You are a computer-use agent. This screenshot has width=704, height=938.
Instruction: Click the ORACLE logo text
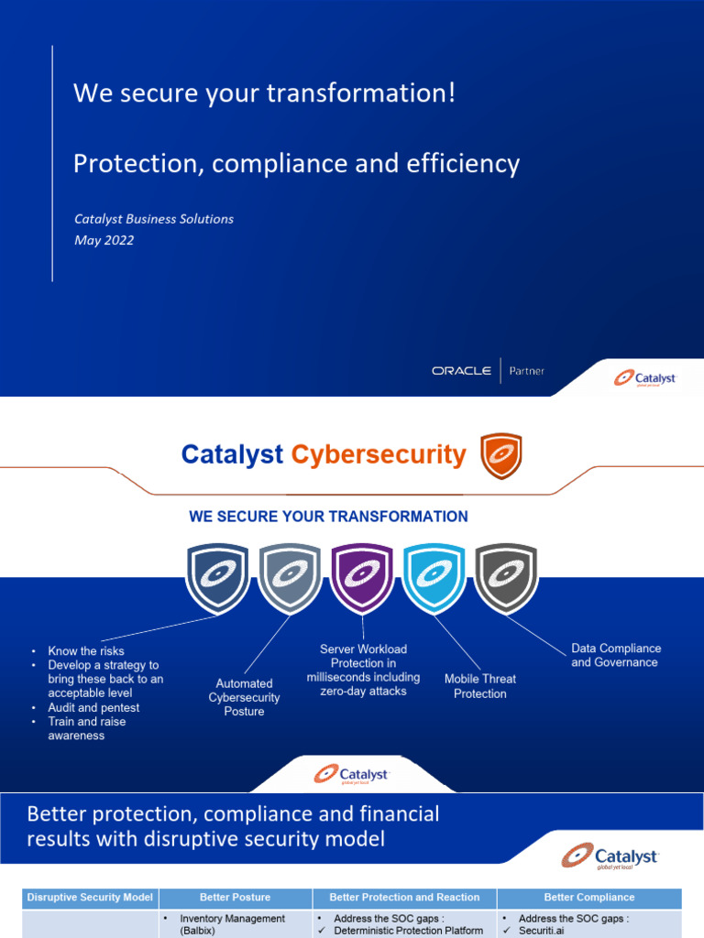coord(461,371)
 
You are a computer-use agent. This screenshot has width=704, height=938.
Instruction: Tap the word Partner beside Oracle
coord(527,371)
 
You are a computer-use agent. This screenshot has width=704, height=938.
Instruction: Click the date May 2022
coord(104,240)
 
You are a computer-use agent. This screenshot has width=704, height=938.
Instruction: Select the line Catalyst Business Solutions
coord(153,219)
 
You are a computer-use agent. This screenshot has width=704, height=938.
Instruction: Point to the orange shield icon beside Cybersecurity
coord(500,455)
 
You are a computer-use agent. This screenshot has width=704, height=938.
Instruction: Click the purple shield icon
coord(361,577)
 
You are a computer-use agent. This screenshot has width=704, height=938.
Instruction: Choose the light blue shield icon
coord(434,577)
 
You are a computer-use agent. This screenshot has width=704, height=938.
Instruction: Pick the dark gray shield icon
coord(505,577)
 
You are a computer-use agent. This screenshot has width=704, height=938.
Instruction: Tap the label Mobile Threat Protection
coord(479,686)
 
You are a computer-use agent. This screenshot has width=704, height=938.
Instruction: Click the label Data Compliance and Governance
coord(614,655)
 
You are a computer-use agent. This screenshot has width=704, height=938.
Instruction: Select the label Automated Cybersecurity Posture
coord(244,697)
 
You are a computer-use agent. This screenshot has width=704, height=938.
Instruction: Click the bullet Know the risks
coord(86,651)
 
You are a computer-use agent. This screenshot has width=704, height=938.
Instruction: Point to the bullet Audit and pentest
coord(93,708)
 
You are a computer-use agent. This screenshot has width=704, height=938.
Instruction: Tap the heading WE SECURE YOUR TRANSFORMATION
coord(328,517)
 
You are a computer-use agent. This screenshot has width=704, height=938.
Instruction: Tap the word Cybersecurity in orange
coord(379,454)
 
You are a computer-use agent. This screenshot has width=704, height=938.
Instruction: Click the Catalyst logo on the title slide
coord(644,377)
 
